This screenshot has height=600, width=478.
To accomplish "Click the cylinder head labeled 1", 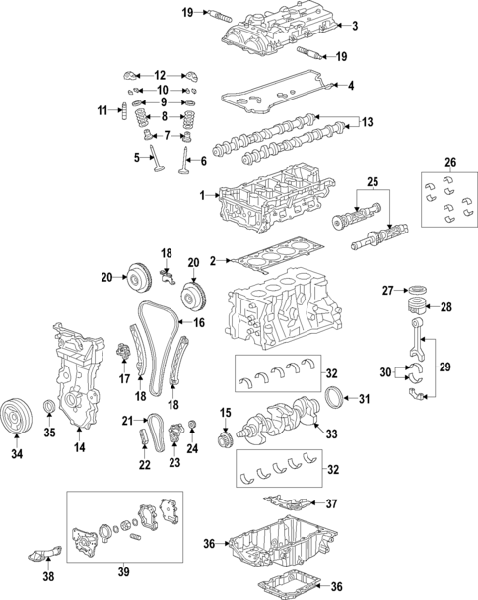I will (x=266, y=202).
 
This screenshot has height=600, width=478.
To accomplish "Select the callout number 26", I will (x=451, y=163).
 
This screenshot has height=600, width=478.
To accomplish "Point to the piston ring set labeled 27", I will (x=419, y=290).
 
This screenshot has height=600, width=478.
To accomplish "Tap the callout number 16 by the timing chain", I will (x=199, y=322).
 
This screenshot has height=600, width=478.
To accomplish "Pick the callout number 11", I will (x=102, y=111).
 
